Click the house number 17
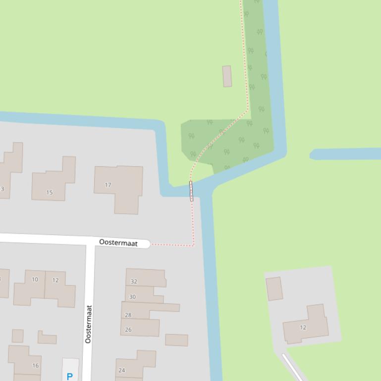(108, 185)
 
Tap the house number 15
(49, 192)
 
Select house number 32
(134, 282)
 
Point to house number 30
(132, 297)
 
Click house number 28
(128, 315)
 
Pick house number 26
(128, 330)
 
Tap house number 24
(122, 370)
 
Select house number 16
(35, 366)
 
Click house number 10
(35, 280)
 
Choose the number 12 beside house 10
(55, 280)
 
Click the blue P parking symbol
(69, 376)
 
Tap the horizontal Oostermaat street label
(118, 242)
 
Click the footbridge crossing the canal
(191, 191)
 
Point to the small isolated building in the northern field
(227, 76)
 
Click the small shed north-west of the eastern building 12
(274, 288)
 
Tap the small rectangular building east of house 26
(176, 340)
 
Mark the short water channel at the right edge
(345, 154)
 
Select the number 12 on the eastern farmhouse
(303, 327)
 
